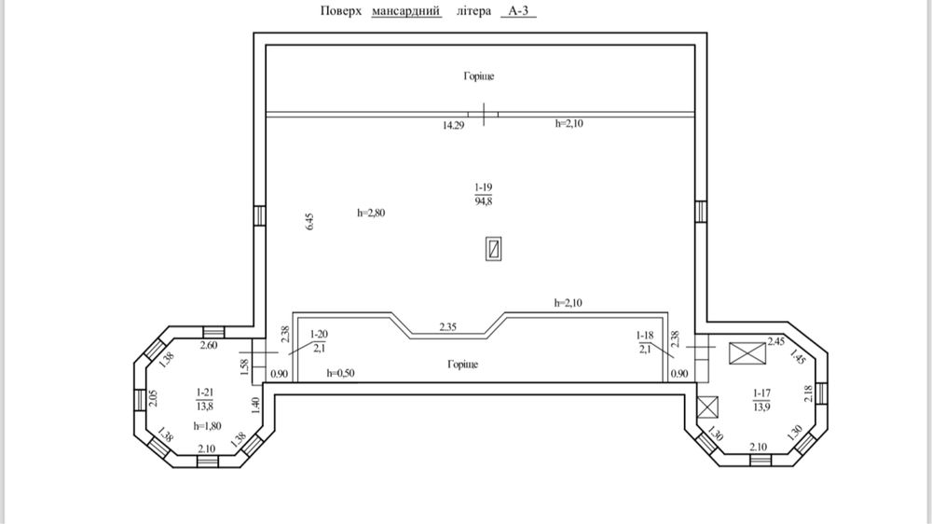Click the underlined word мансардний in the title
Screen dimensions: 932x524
coord(406,10)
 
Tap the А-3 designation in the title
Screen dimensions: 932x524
coord(518,10)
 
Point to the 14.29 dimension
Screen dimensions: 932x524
coord(453,125)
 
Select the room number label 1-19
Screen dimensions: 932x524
coord(483,187)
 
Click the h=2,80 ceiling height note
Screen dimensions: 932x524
coord(371,213)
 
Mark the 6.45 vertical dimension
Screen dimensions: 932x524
coord(309,221)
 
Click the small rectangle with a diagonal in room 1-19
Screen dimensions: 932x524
coord(493,249)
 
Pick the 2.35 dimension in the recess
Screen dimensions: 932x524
coord(447,326)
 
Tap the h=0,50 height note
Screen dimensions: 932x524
coord(340,374)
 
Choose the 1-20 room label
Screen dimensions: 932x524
coord(319,335)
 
